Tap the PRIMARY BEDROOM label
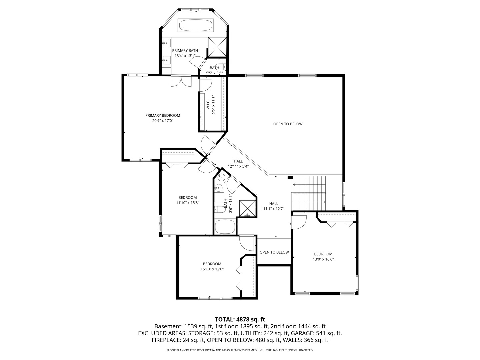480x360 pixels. tap(163, 116)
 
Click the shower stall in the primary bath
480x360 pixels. tap(217, 47)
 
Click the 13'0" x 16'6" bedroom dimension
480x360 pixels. tap(323, 259)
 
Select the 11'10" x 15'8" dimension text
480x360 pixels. tap(187, 203)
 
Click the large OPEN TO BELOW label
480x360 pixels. tap(288, 124)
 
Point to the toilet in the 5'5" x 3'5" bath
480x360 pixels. tap(220, 66)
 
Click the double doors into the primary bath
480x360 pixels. tap(181, 81)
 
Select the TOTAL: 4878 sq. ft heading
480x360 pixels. tap(240, 319)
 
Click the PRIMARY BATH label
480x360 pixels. tap(185, 51)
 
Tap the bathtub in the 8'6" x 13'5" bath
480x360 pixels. tap(225, 227)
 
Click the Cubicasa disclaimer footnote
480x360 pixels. tap(240, 350)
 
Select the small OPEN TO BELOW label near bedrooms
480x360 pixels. tap(274, 252)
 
